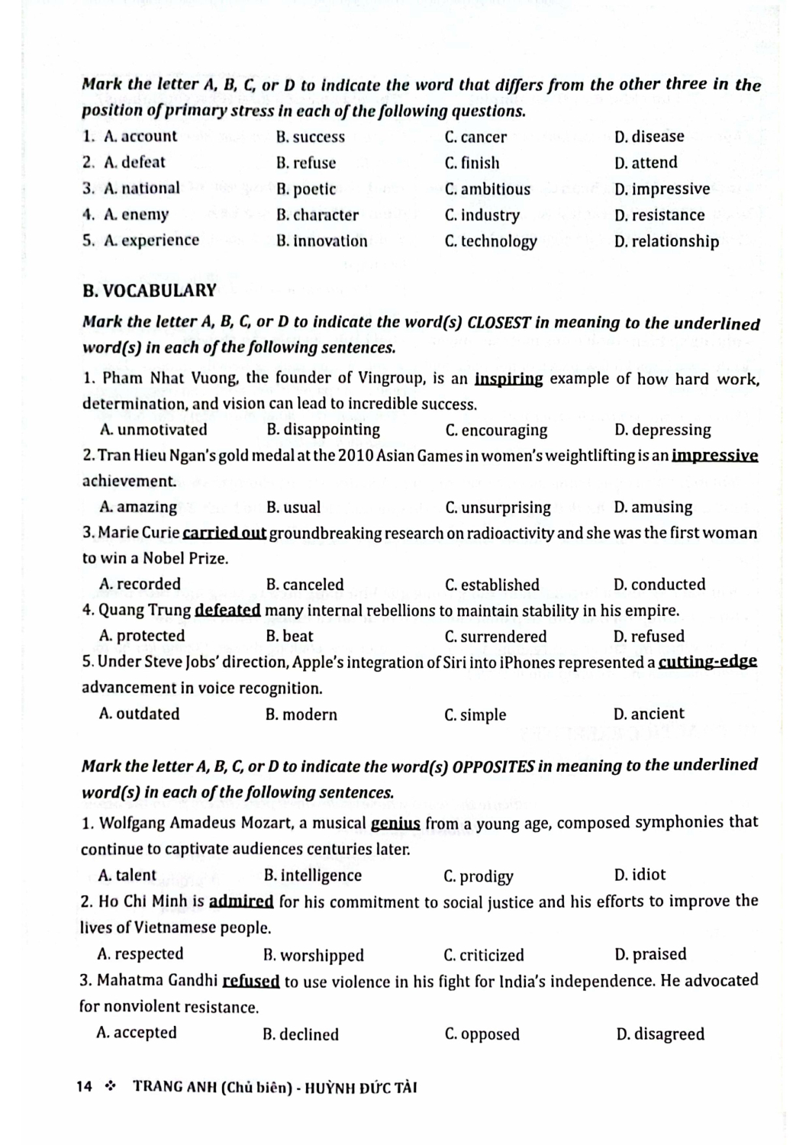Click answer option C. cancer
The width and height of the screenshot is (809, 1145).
(475, 137)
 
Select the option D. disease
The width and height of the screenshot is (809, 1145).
(649, 137)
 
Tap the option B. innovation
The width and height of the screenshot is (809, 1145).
(321, 241)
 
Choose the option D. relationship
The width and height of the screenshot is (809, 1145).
(666, 241)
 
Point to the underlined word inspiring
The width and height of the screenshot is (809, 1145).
(508, 379)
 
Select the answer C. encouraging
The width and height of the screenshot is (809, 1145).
(496, 431)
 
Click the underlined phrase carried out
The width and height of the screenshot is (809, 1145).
(224, 533)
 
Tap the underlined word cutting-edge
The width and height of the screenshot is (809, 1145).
(707, 662)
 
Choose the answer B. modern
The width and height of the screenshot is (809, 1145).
(301, 714)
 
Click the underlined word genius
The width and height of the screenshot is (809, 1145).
(395, 823)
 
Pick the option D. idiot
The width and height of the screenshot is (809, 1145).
(640, 875)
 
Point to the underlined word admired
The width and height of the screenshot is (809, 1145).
(241, 901)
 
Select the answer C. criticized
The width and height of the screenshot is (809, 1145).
(484, 955)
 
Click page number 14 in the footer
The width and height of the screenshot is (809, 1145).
(85, 1086)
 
